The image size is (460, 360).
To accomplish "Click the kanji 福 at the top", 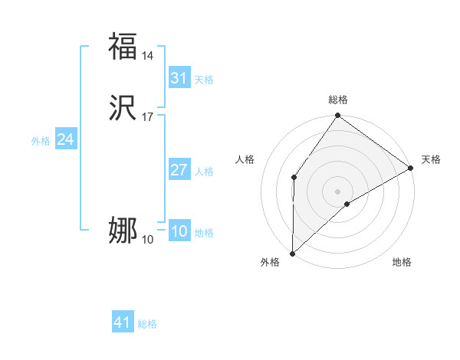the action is (123, 46).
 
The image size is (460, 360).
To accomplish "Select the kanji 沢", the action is (123, 109).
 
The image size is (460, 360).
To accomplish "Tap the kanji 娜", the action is (123, 230).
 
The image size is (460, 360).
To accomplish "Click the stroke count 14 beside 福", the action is (148, 56).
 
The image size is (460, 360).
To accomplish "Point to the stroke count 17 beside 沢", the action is (148, 117).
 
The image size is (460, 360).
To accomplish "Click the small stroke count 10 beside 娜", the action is (148, 240).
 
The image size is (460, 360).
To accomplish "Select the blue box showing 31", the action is (179, 78).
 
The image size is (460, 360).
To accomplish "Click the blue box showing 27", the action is (179, 170).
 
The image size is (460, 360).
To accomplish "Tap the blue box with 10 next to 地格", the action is (179, 232).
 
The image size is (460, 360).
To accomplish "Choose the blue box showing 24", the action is (65, 139).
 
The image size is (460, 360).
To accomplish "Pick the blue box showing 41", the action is (123, 322).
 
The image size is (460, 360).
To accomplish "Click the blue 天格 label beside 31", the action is (204, 80).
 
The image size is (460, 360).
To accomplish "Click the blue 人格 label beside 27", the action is (204, 172).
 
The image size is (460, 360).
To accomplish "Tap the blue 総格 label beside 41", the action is (147, 324).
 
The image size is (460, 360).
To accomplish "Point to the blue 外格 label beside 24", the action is (41, 141).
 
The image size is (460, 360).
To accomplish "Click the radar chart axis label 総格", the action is (338, 100).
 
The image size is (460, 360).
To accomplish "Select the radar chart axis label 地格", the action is (402, 262).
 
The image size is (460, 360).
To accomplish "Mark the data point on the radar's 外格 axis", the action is (292, 254).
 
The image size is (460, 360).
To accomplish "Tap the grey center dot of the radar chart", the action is (338, 191).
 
